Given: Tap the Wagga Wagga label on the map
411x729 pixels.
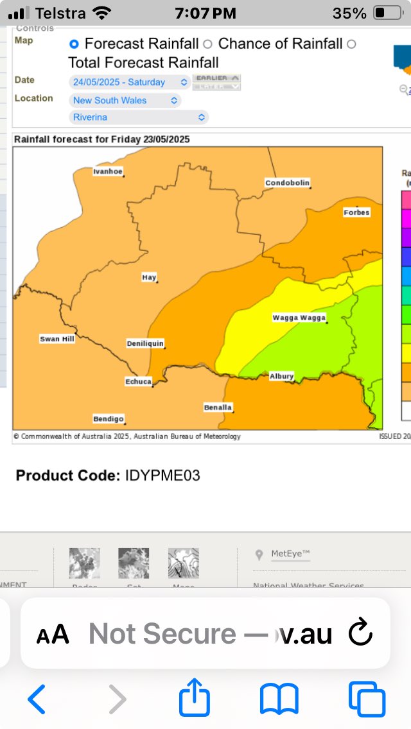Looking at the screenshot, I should tap(299, 318).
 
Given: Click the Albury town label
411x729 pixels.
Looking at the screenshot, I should tap(281, 376).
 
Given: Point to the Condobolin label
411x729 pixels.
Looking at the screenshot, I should tap(287, 183).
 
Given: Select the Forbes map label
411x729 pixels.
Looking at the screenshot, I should tap(356, 212).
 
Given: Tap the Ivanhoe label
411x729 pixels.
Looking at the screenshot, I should tap(107, 171).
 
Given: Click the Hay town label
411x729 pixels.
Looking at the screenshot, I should tap(148, 277).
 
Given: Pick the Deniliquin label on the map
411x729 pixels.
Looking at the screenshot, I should tap(144, 343).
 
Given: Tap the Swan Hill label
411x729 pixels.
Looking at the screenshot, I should tap(57, 339).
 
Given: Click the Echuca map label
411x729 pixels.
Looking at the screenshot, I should tap(138, 382).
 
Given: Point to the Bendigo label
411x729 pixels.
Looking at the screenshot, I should tap(108, 419).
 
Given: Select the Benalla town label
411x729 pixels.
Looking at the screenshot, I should tap(218, 407).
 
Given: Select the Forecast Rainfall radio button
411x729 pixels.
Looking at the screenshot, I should tap(74, 44).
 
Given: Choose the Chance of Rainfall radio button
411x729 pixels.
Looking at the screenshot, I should tap(207, 44).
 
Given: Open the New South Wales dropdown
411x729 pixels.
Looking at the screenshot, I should tap(125, 100).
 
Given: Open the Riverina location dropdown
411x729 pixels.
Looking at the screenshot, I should tap(139, 117).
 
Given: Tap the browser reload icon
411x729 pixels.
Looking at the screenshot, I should tap(360, 634).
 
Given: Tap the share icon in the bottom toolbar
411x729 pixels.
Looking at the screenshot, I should tap(195, 699).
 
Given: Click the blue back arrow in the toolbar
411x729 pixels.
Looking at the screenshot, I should tap(37, 699).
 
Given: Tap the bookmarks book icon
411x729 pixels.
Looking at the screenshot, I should tap(279, 699).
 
